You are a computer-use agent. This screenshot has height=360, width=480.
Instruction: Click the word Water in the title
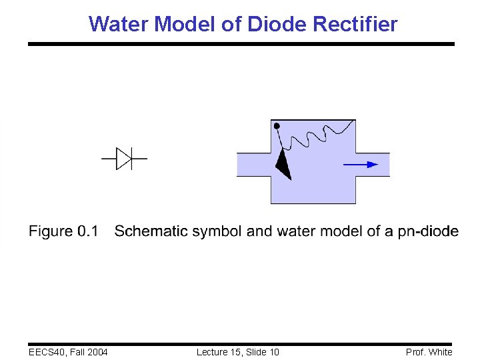[119, 25]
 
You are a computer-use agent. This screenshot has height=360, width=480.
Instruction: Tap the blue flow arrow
[361, 164]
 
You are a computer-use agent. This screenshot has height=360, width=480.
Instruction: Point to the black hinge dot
[277, 125]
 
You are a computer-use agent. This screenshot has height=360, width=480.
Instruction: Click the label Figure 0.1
[63, 231]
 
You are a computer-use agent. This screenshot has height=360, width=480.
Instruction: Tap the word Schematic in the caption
[151, 231]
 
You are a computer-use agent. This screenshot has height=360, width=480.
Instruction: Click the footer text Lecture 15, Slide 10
[238, 352]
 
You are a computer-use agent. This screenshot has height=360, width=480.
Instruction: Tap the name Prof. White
[429, 352]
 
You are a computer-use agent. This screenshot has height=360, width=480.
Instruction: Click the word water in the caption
[295, 231]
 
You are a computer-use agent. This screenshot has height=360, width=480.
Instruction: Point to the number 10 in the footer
[273, 352]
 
